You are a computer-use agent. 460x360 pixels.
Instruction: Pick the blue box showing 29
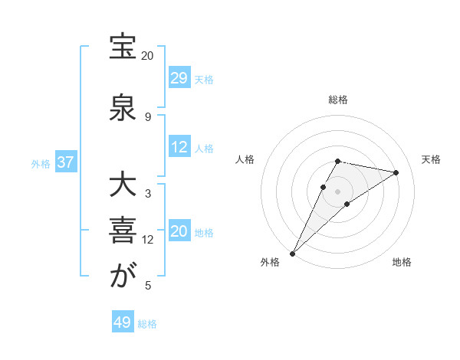(x=179, y=78)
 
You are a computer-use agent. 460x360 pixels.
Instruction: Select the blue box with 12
(x=179, y=148)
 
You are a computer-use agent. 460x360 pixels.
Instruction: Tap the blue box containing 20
(x=179, y=232)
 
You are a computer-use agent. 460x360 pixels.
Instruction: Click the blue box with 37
(x=65, y=163)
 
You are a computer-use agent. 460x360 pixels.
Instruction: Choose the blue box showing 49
(x=123, y=322)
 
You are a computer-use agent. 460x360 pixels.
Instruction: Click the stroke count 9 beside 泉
(x=148, y=116)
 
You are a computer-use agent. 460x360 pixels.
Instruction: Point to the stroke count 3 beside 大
(x=148, y=194)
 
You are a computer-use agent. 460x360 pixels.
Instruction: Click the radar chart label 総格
(x=338, y=100)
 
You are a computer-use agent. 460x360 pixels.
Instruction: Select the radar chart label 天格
(x=431, y=159)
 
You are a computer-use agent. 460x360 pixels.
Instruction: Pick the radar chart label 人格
(x=245, y=159)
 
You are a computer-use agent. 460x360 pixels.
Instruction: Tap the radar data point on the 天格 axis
(x=396, y=172)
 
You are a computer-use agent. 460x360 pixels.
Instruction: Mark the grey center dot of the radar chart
(x=338, y=191)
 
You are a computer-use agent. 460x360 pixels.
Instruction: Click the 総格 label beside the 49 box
(x=147, y=324)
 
